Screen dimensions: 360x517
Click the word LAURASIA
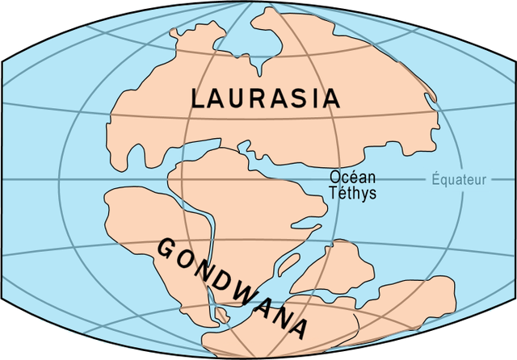point(265,98)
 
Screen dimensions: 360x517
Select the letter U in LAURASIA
point(240,98)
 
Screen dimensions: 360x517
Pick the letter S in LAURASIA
point(303,98)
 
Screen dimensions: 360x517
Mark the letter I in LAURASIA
point(317,98)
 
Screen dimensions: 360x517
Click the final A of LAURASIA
point(331,98)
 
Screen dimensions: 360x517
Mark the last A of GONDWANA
point(297,329)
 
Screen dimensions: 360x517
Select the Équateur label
point(459,179)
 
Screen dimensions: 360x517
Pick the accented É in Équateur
point(435,178)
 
